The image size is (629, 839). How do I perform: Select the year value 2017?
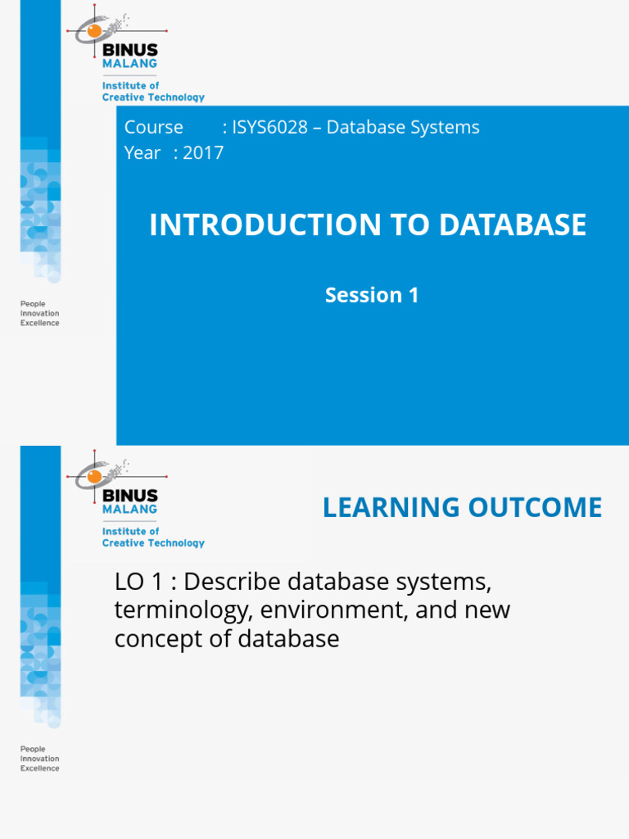tap(204, 153)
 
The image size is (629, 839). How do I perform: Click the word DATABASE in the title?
tap(513, 225)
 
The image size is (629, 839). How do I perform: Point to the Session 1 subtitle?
tap(372, 295)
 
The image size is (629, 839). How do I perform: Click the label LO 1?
tap(142, 583)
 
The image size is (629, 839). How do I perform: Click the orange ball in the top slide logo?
tap(94, 30)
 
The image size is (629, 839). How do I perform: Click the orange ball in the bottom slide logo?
tap(94, 476)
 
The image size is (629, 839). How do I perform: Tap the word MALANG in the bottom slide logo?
tap(129, 510)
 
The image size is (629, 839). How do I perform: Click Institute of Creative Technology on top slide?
tap(152, 92)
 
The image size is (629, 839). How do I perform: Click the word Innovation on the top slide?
tap(39, 313)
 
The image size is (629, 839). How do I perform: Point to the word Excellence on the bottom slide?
tap(39, 769)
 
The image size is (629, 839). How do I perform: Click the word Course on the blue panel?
tap(153, 128)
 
